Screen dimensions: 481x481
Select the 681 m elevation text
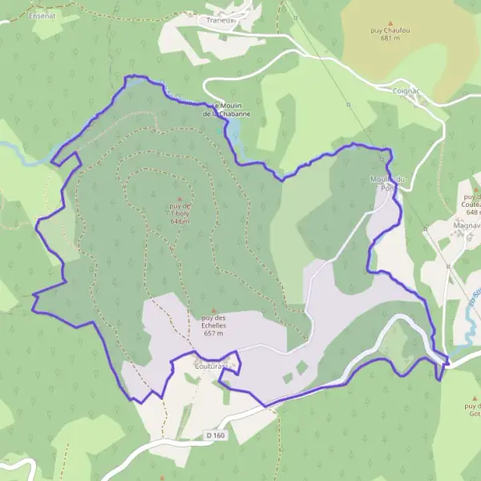pos(390,38)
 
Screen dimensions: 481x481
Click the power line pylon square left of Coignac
pos(349,104)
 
